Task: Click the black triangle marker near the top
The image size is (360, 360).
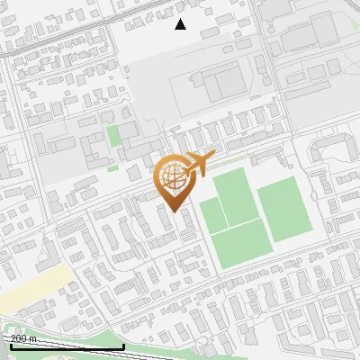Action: [x=180, y=24]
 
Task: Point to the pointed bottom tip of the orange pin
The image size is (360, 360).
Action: [x=171, y=210]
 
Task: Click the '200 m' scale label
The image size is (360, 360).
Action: [x=23, y=338]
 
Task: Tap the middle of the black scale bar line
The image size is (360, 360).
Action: [x=65, y=346]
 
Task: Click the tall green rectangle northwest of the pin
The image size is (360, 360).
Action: [x=113, y=139]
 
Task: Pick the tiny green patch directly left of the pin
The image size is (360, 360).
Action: [x=113, y=166]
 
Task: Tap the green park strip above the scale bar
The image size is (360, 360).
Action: [x=63, y=329]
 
